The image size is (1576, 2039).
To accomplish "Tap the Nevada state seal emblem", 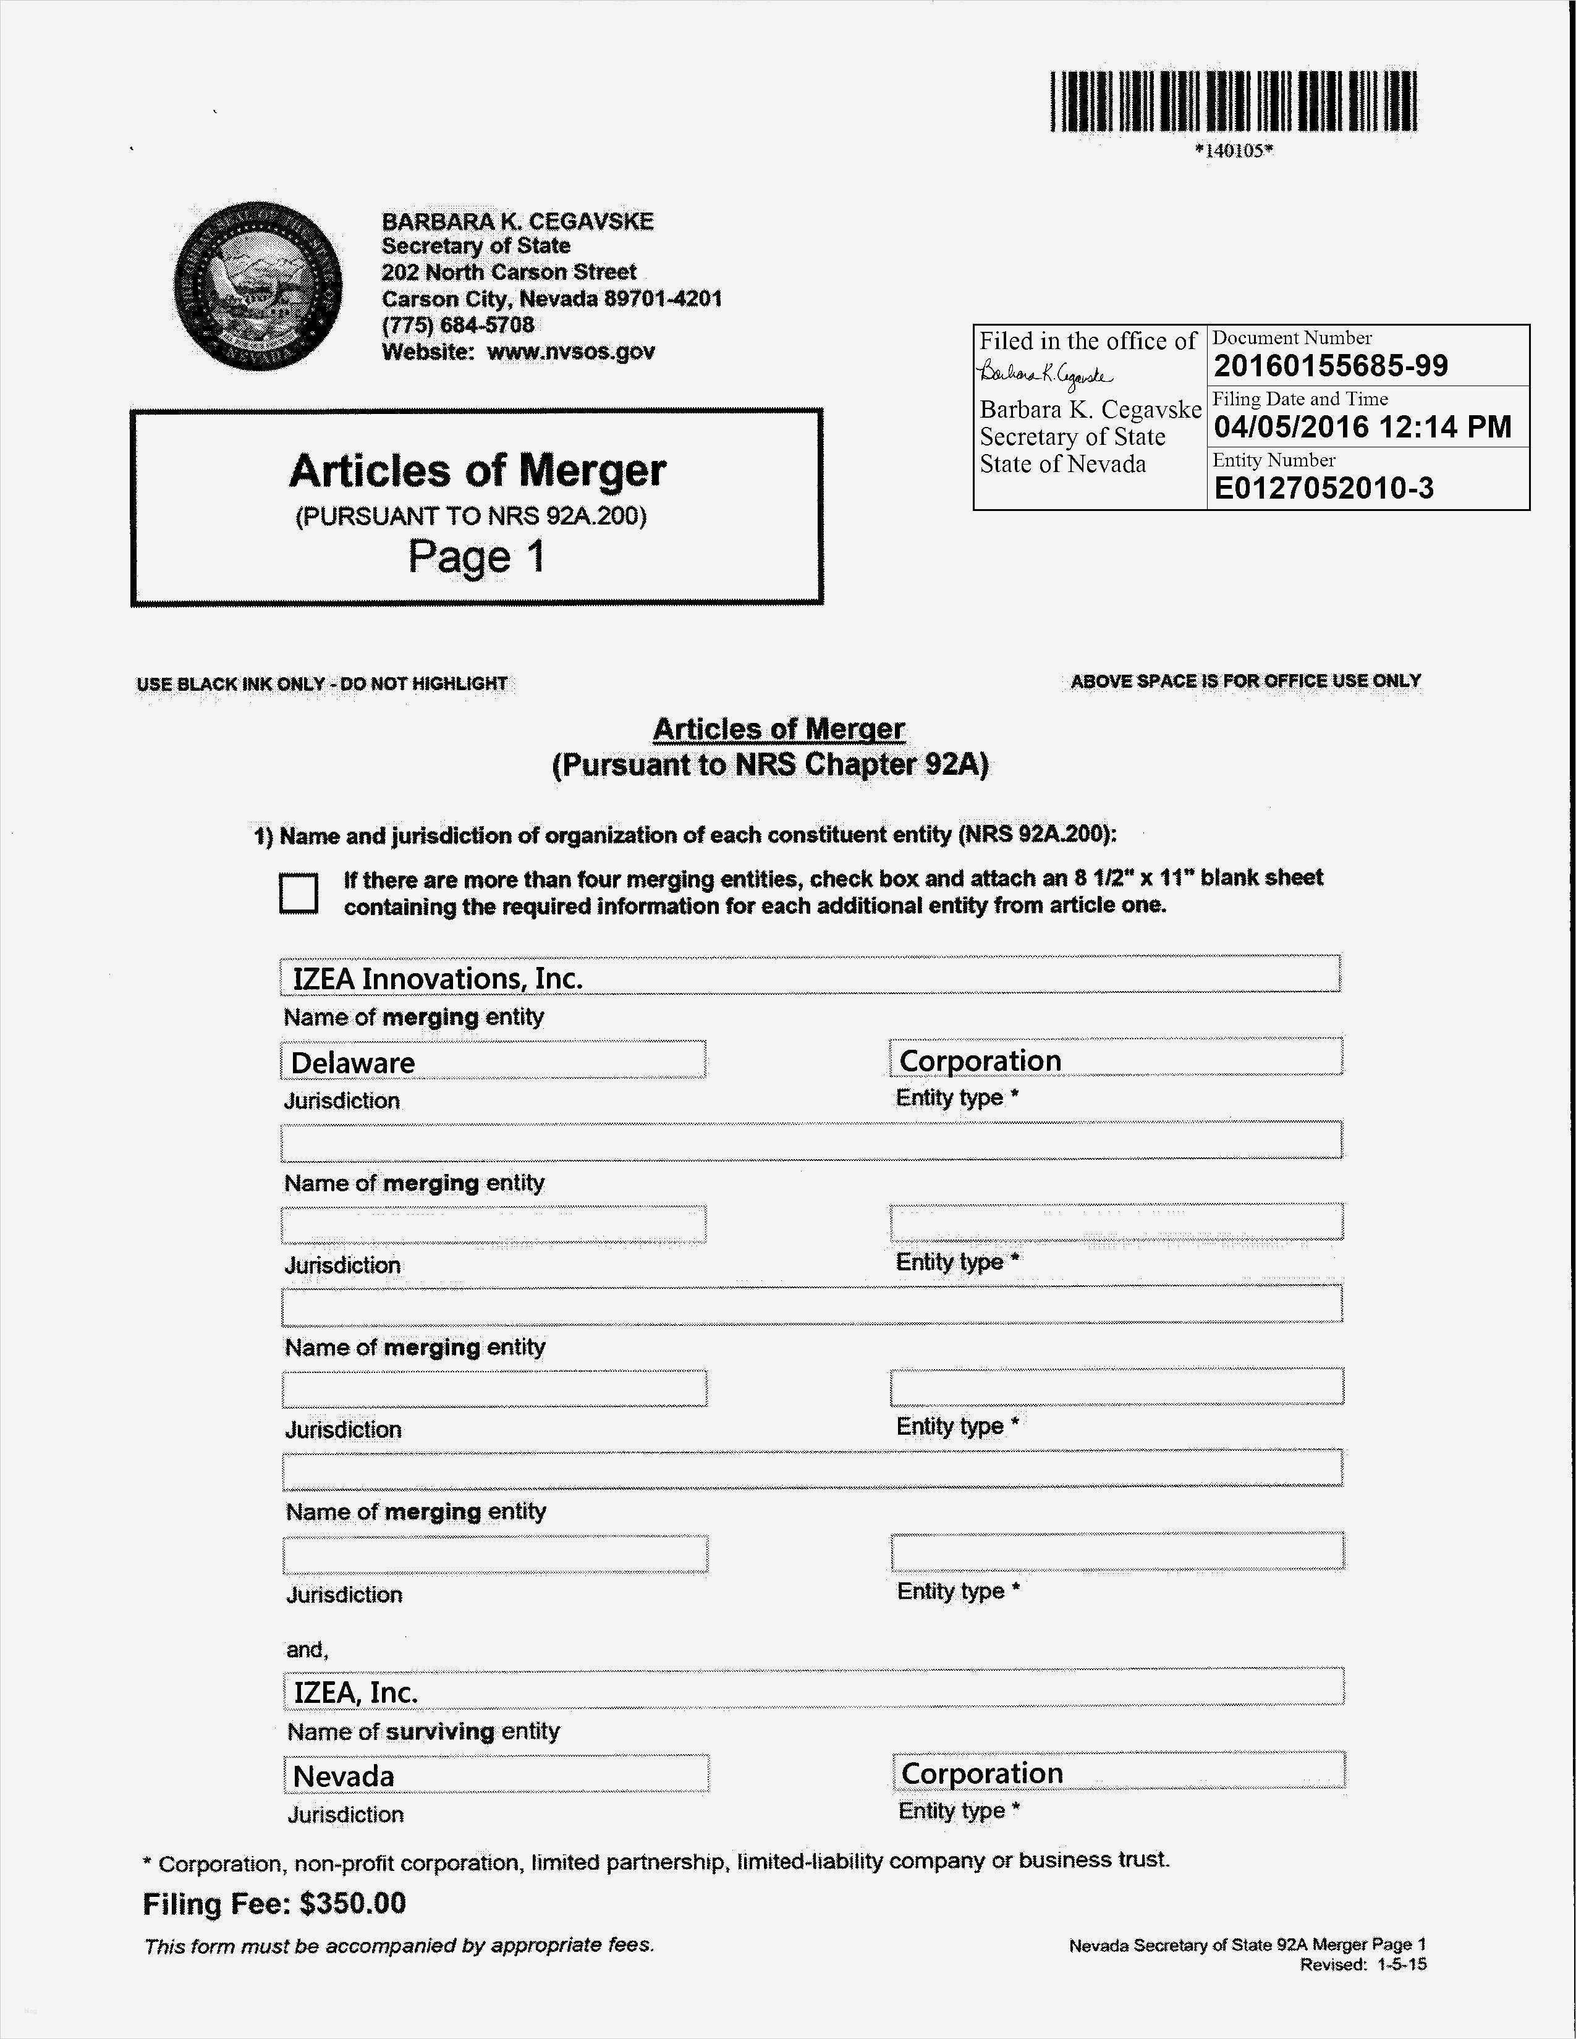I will (x=258, y=285).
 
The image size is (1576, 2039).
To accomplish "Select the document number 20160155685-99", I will (x=1331, y=366).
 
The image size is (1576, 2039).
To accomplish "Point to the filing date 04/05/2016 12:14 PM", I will (x=1362, y=428).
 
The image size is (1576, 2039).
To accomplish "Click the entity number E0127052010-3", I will (x=1323, y=488).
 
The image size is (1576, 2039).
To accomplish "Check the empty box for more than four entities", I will (x=299, y=893).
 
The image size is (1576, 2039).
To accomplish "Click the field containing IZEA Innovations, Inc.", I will (x=810, y=976).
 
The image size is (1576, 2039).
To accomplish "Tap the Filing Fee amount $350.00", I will (x=353, y=1904).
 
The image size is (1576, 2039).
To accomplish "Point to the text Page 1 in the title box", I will (x=476, y=557).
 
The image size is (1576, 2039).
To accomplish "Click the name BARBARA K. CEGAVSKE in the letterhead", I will (x=517, y=221).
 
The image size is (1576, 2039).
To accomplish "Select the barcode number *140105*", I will (x=1234, y=150).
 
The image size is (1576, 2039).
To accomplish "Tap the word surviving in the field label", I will (x=440, y=1732).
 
